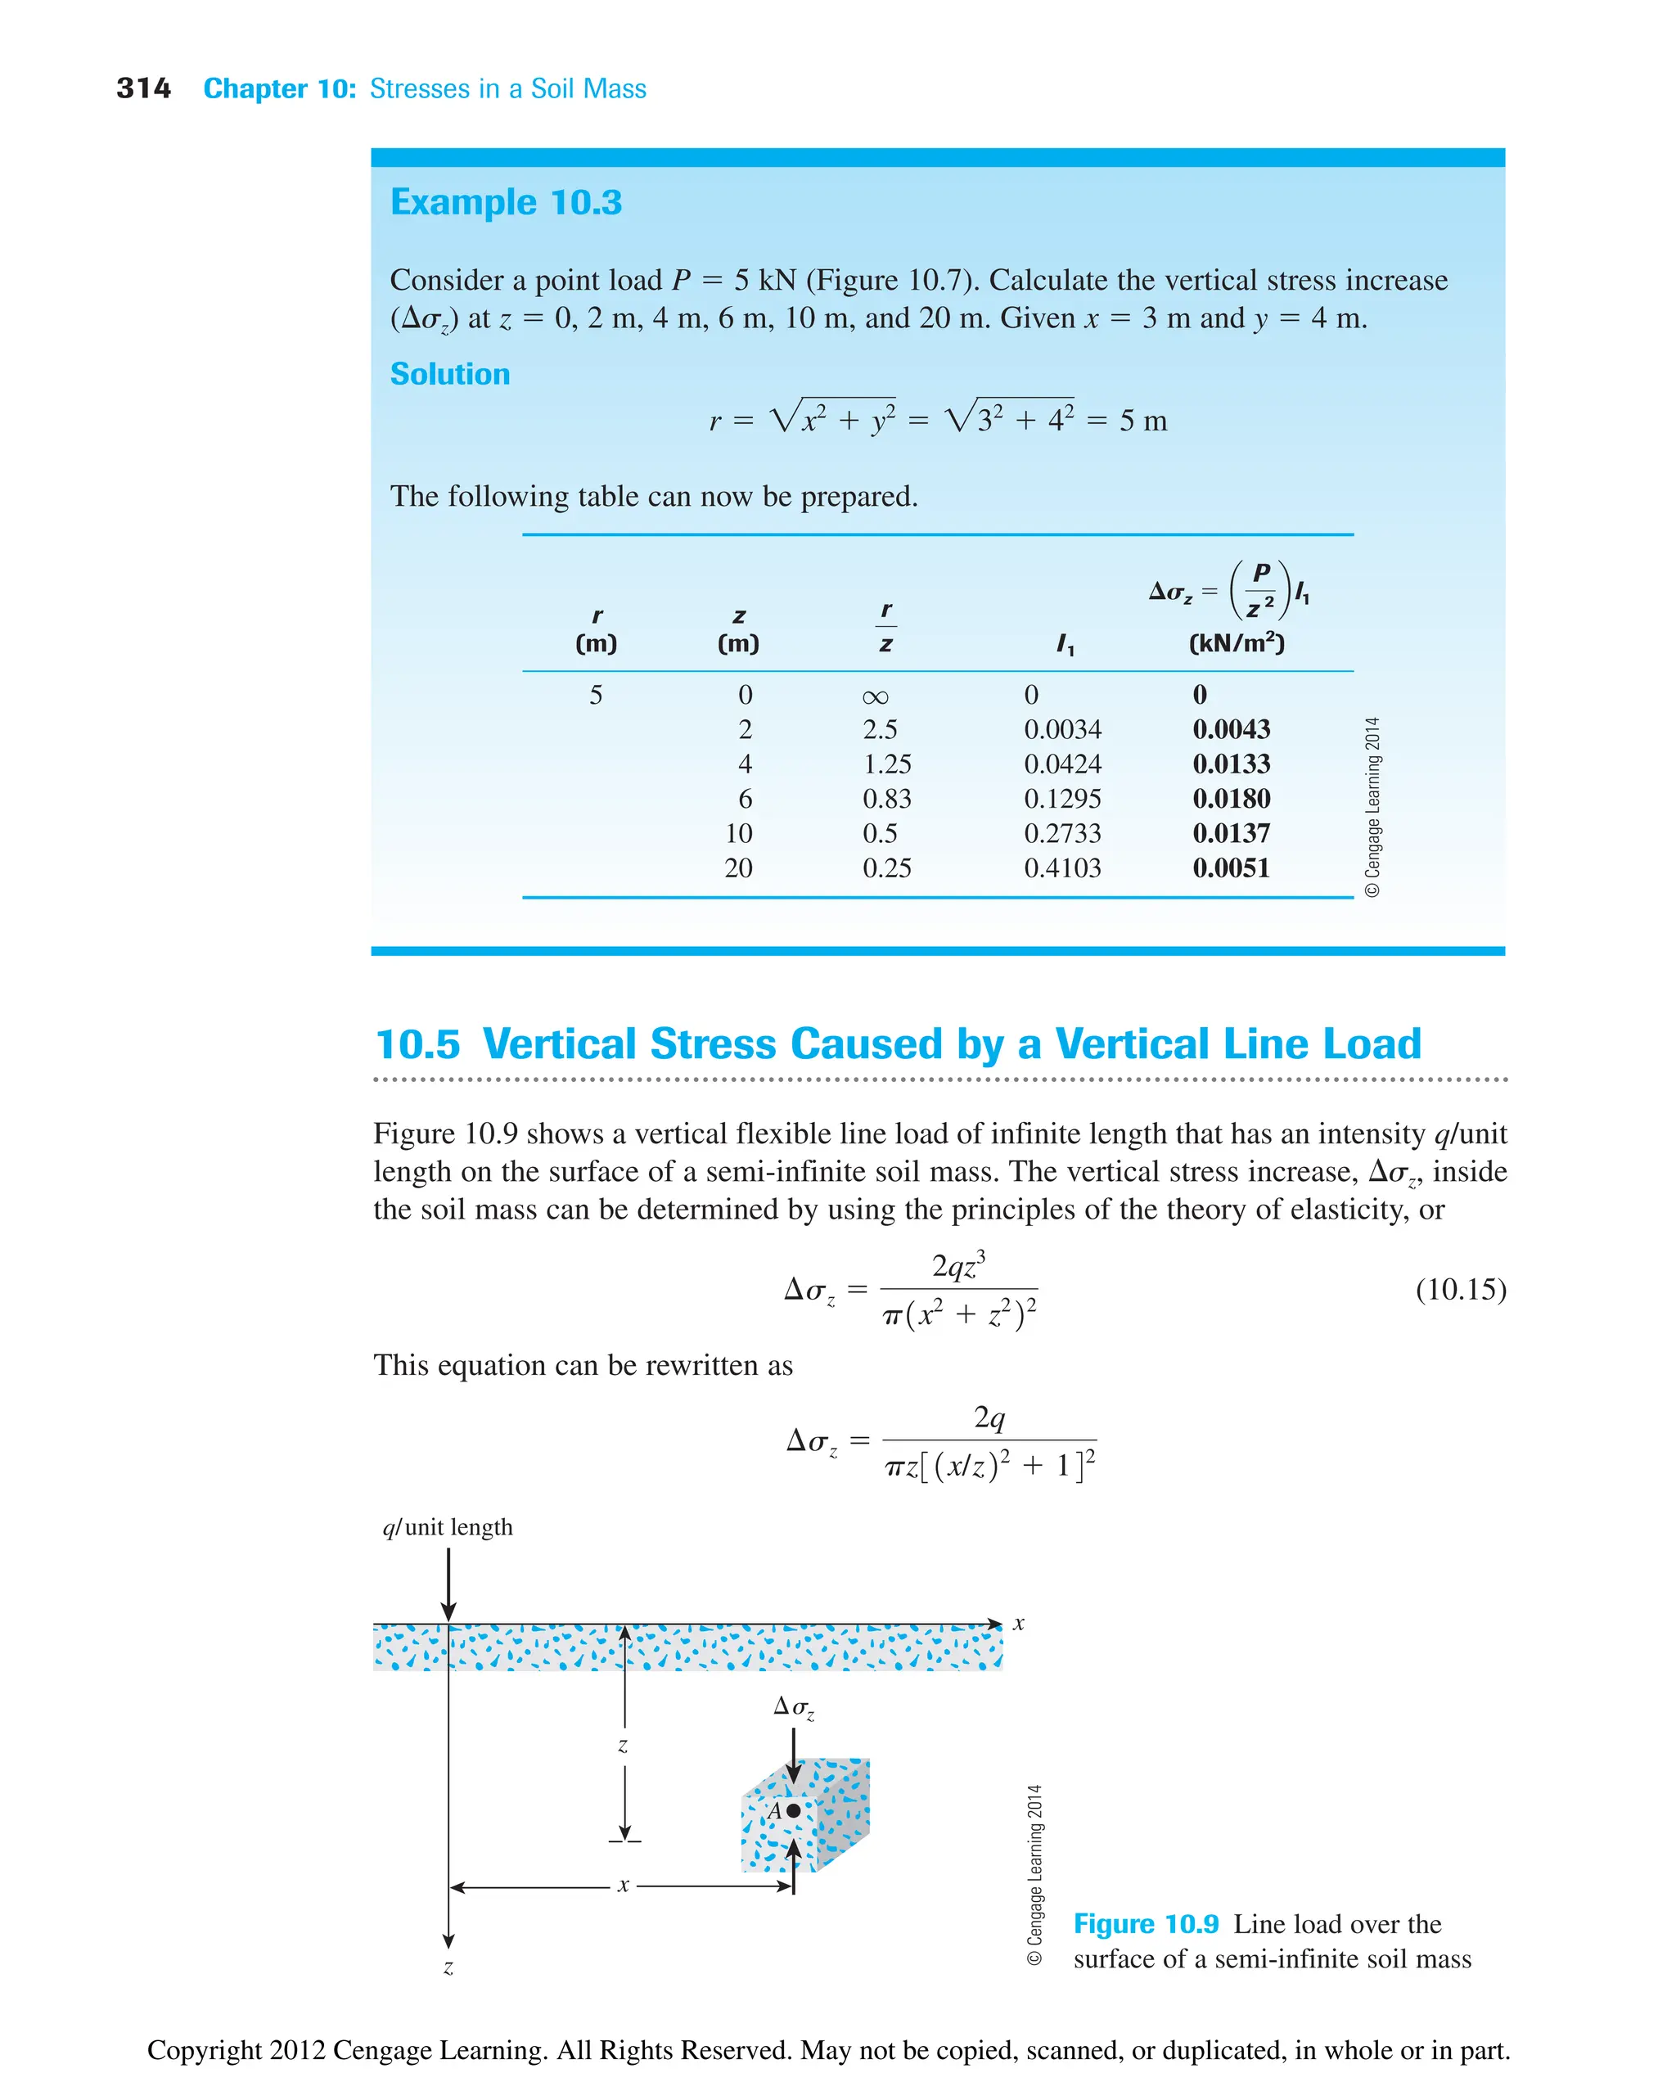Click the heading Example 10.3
point(505,202)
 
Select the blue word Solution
point(449,374)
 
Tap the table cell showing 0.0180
point(1230,799)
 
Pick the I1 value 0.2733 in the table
point(1062,833)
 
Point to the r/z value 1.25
point(886,764)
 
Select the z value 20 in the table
point(738,868)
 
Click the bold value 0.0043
point(1230,729)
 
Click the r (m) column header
point(596,629)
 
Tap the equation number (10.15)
point(1460,1289)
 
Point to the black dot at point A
point(794,1810)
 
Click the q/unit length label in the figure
point(448,1526)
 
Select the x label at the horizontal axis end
point(1019,1624)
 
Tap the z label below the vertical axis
point(448,1967)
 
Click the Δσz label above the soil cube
point(794,1707)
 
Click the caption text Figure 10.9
point(1146,1924)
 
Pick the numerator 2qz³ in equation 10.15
point(957,1265)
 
